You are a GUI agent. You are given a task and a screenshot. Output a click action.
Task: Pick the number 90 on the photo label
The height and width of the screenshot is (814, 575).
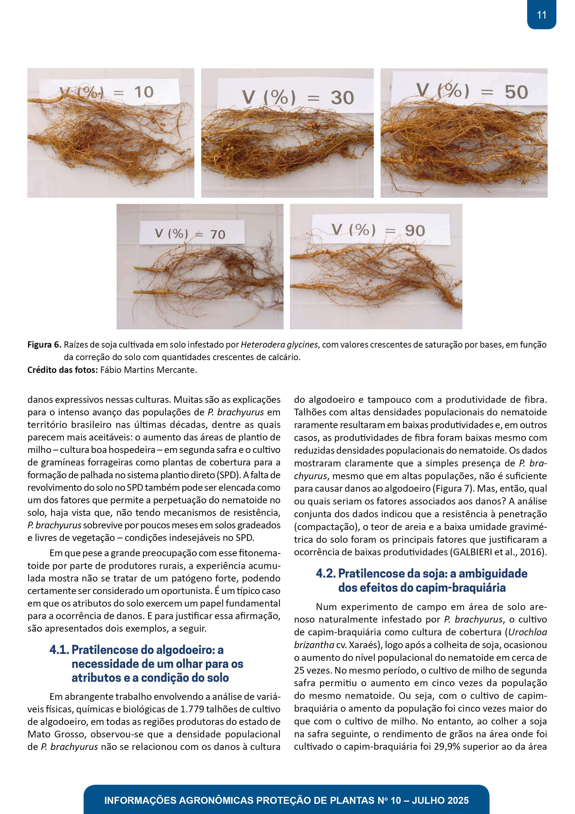pyautogui.click(x=415, y=231)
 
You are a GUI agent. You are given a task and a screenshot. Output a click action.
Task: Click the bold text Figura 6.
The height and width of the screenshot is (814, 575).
pyautogui.click(x=44, y=345)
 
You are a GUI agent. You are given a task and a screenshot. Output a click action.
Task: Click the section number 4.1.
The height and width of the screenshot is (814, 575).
pyautogui.click(x=59, y=650)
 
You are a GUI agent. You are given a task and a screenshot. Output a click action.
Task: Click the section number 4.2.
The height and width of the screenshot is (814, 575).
pyautogui.click(x=326, y=573)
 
